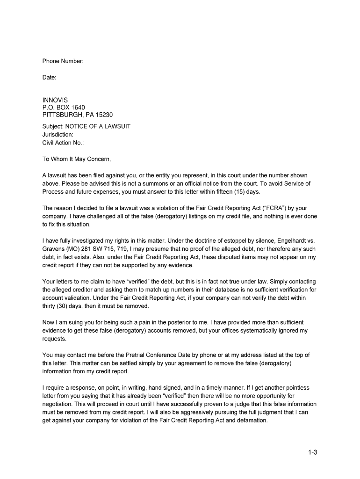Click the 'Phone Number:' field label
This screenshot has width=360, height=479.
click(63, 61)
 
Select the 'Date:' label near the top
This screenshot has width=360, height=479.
click(49, 78)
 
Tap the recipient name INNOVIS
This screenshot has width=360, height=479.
click(55, 100)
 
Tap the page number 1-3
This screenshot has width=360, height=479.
click(312, 452)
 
